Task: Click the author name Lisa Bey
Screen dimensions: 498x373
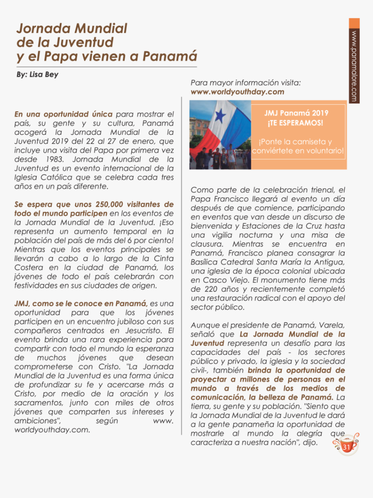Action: point(44,75)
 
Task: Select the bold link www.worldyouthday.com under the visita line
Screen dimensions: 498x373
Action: point(237,92)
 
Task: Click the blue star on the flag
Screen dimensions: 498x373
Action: point(221,116)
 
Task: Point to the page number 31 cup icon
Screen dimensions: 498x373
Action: point(346,446)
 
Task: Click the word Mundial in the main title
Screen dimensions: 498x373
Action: point(101,29)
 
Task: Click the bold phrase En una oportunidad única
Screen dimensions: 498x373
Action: point(63,114)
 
